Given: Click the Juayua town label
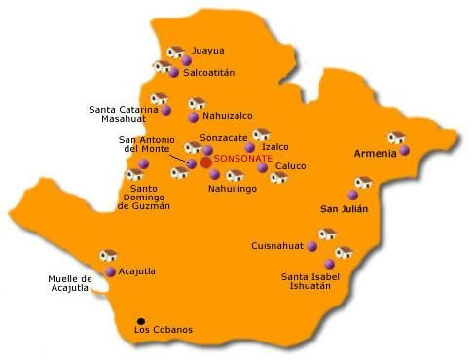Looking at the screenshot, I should pyautogui.click(x=208, y=50).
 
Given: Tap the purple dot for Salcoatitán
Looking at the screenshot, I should pyautogui.click(x=174, y=73).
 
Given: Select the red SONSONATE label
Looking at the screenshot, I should pyautogui.click(x=244, y=158).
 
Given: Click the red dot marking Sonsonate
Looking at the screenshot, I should pyautogui.click(x=205, y=162).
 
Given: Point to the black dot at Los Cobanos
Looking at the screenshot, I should pyautogui.click(x=141, y=321).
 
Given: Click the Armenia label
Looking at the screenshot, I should pyautogui.click(x=375, y=154).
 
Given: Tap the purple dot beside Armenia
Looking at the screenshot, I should pyautogui.click(x=404, y=151).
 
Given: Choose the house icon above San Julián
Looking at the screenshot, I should pyautogui.click(x=364, y=182).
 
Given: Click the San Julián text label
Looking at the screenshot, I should pyautogui.click(x=345, y=209).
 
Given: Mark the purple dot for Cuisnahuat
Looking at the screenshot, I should pyautogui.click(x=311, y=247).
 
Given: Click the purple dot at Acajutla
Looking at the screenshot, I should pyautogui.click(x=111, y=271).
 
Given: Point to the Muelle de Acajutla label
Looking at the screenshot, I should pyautogui.click(x=70, y=284).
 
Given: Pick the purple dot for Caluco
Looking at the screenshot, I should pyautogui.click(x=262, y=167).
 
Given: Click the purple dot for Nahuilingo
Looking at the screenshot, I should pyautogui.click(x=215, y=175).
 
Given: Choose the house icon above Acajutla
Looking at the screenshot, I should pyautogui.click(x=108, y=256).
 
